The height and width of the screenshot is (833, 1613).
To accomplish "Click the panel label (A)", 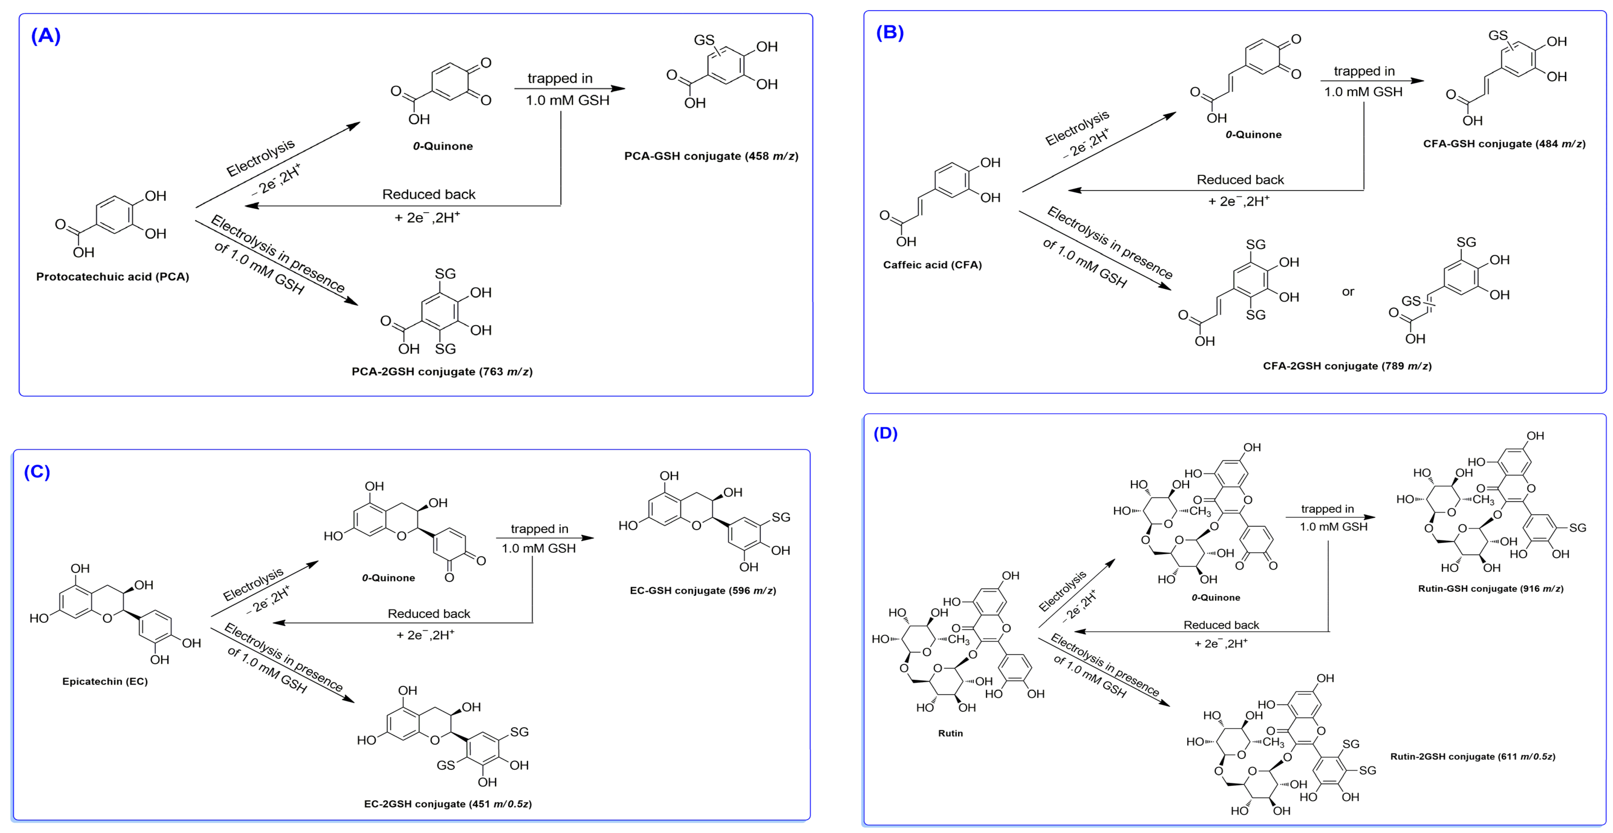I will (46, 36).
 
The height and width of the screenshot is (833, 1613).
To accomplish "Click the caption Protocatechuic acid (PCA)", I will (113, 277).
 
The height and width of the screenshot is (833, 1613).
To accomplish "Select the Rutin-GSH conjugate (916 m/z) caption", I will (1490, 588).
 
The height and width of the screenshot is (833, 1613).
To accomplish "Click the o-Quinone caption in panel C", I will (388, 578).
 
